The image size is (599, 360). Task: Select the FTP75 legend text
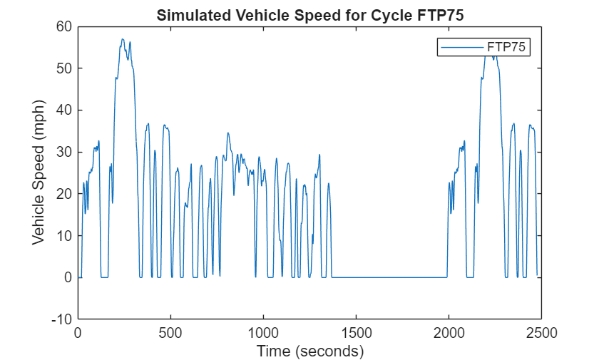(x=507, y=47)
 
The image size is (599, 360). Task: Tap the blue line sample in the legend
(x=461, y=47)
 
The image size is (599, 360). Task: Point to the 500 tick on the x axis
(x=170, y=332)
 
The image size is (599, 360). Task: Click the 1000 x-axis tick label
(x=263, y=332)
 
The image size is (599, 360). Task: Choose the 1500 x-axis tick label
(x=356, y=332)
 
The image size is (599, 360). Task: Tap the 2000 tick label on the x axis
(x=449, y=332)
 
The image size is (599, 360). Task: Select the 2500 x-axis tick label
(x=541, y=332)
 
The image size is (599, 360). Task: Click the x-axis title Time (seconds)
(x=309, y=351)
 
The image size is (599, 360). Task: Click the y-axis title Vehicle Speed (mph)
(x=39, y=173)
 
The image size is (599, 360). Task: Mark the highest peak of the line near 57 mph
(x=123, y=39)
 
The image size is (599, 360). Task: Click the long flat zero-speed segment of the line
(x=389, y=277)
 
